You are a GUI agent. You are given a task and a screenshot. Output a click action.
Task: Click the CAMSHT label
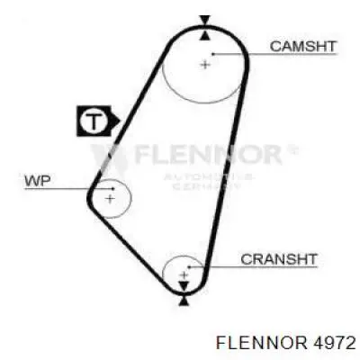pyautogui.click(x=302, y=47)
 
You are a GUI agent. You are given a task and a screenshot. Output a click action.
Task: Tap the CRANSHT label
pyautogui.click(x=279, y=259)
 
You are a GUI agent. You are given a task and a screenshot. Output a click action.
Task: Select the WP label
pyautogui.click(x=38, y=181)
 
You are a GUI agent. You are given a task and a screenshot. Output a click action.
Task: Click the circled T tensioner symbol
pyautogui.click(x=94, y=121)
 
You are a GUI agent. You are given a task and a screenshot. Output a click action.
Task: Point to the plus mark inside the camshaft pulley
pyautogui.click(x=205, y=64)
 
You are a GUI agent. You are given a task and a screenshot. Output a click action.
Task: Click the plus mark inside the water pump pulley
pyautogui.click(x=111, y=198)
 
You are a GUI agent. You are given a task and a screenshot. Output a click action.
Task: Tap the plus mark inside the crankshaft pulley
pyautogui.click(x=184, y=274)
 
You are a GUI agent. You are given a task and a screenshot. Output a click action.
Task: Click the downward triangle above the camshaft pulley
pyautogui.click(x=205, y=21)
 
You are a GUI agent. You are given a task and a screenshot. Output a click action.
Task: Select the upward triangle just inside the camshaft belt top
pyautogui.click(x=205, y=35)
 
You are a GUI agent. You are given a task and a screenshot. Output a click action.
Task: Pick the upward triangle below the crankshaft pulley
pyautogui.click(x=184, y=301)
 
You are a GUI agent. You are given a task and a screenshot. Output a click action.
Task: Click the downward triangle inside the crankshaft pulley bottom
pyautogui.click(x=184, y=286)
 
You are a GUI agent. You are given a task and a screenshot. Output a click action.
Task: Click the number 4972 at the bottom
pyautogui.click(x=334, y=343)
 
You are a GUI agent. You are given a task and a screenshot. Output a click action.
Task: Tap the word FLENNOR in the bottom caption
pyautogui.click(x=262, y=343)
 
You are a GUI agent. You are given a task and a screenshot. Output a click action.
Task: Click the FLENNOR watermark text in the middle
pyautogui.click(x=208, y=154)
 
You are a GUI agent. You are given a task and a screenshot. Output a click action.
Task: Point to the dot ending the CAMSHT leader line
pyautogui.click(x=213, y=54)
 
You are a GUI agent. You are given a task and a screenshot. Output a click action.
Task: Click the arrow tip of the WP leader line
pyautogui.click(x=114, y=189)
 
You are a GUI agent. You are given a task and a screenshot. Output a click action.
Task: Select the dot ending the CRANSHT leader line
pyautogui.click(x=189, y=266)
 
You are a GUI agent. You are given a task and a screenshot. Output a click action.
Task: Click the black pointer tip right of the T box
pyautogui.click(x=120, y=121)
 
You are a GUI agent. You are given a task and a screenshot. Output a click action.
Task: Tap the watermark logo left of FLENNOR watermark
pyautogui.click(x=109, y=159)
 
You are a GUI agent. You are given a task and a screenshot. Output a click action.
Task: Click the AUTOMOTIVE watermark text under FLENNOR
pyautogui.click(x=209, y=177)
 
